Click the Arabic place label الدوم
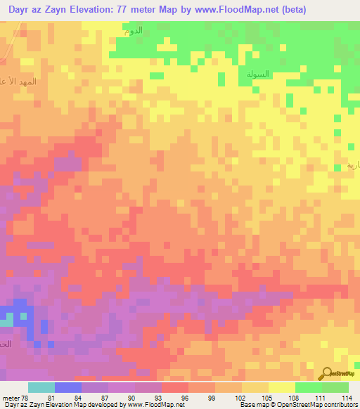click(x=133, y=31)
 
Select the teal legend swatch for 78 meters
click(x=41, y=387)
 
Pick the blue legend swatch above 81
click(x=68, y=387)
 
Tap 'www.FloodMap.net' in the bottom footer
click(x=148, y=405)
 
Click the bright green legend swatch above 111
click(x=308, y=387)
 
